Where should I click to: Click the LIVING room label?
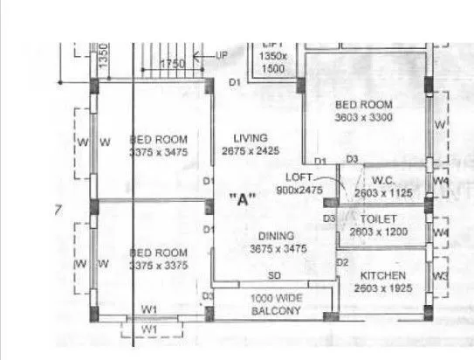coord(251,137)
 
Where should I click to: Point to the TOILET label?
coord(378,218)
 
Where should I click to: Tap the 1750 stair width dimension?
coord(172,64)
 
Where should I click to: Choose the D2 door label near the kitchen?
coord(343,262)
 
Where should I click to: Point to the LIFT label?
coord(274,42)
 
